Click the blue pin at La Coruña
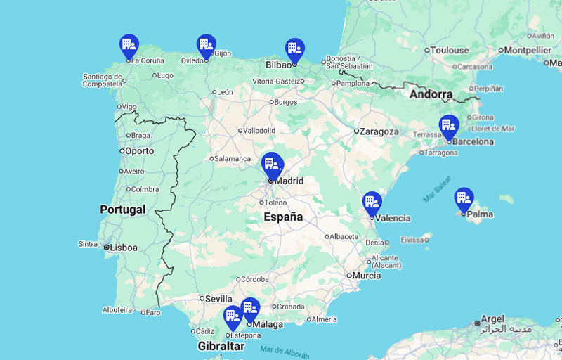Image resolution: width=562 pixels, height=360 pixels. pyautogui.click(x=129, y=46)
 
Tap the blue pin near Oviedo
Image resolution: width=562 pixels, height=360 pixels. pyautogui.click(x=206, y=46)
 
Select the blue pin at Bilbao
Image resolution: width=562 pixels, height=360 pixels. pyautogui.click(x=294, y=49)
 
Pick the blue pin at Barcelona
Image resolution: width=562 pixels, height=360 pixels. pyautogui.click(x=449, y=126)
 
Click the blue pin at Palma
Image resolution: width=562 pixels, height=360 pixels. pyautogui.click(x=464, y=199)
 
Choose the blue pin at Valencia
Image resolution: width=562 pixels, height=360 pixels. pyautogui.click(x=372, y=203)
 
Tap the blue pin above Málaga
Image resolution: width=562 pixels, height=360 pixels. pyautogui.click(x=250, y=309)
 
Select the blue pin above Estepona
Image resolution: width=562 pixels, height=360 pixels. pyautogui.click(x=233, y=317)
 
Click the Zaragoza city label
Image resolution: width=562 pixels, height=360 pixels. pyautogui.click(x=379, y=131)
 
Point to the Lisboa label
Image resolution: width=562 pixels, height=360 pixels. pyautogui.click(x=124, y=247)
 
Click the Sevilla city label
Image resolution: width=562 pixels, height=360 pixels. pyautogui.click(x=218, y=299)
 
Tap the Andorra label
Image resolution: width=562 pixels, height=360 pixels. pyautogui.click(x=431, y=94)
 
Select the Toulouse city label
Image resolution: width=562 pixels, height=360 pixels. pyautogui.click(x=450, y=50)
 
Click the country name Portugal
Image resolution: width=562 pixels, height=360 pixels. pyautogui.click(x=123, y=210)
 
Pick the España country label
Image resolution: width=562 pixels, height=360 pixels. pyautogui.click(x=283, y=217)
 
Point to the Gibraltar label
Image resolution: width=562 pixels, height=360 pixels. pyautogui.click(x=221, y=347)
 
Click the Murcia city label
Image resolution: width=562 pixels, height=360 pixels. pyautogui.click(x=367, y=276)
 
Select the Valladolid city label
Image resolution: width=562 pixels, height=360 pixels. pyautogui.click(x=259, y=131)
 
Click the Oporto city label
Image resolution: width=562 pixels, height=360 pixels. pyautogui.click(x=139, y=151)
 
